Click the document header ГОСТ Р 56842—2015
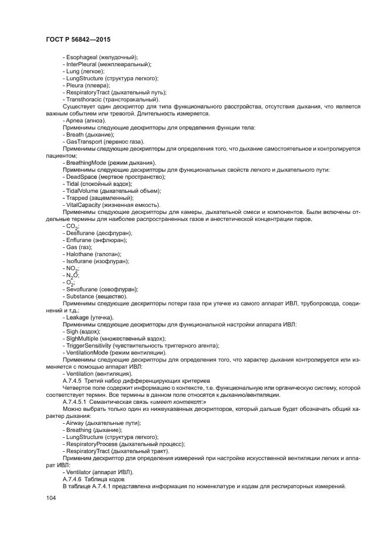tap(78, 39)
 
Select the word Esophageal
tap(82, 57)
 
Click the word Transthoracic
tap(85, 99)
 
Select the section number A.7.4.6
tap(73, 479)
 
